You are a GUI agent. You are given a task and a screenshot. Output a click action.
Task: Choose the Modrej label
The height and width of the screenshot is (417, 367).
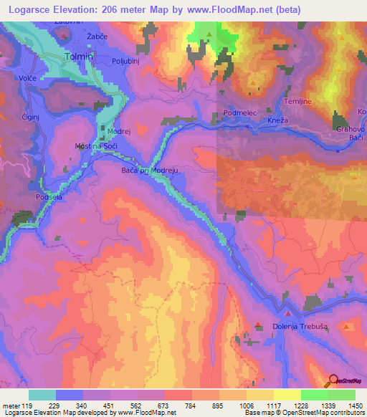(119, 133)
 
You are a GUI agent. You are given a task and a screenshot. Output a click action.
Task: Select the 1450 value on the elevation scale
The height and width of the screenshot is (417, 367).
(351, 386)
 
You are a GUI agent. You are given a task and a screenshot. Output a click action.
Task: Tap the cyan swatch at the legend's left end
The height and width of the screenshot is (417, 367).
(42, 395)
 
